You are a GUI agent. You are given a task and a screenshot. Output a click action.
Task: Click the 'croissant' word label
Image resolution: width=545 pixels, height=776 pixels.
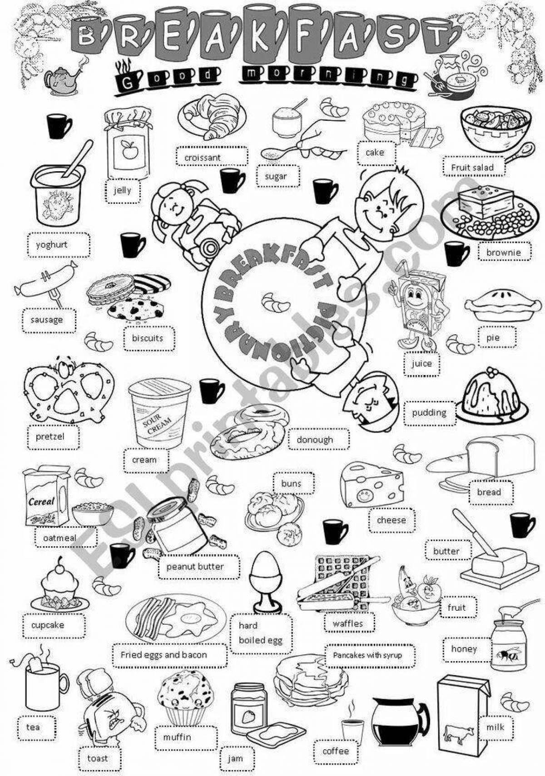[x=203, y=158]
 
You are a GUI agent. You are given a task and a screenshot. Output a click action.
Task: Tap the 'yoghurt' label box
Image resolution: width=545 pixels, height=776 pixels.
[x=59, y=245]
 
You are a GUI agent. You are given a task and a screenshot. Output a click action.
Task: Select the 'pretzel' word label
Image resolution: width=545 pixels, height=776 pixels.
[x=50, y=436]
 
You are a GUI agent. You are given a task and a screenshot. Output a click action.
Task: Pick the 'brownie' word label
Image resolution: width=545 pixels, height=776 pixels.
[x=503, y=252]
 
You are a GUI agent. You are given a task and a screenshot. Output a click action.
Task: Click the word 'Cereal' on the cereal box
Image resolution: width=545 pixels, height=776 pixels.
[x=42, y=501]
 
